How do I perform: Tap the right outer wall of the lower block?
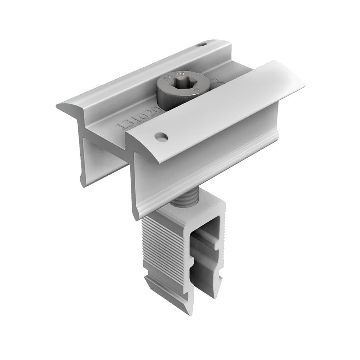pyautogui.click(x=220, y=252)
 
